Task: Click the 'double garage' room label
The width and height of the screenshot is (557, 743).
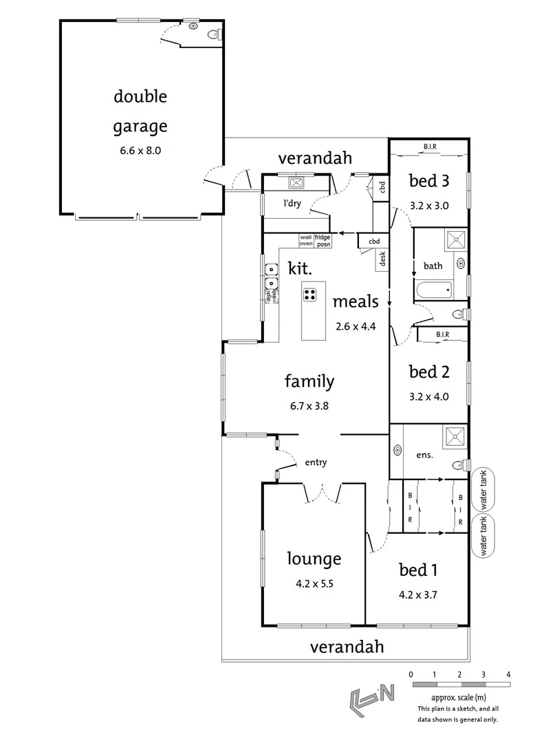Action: point(140,111)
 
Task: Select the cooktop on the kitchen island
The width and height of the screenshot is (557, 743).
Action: point(310,294)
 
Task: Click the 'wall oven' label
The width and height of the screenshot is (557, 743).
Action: point(305,240)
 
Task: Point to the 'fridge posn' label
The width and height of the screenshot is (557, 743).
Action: point(323,240)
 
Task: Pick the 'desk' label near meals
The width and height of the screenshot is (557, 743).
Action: point(382,258)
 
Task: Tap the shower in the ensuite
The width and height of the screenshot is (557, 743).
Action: point(454,435)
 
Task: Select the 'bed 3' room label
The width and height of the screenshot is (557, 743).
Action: point(429,182)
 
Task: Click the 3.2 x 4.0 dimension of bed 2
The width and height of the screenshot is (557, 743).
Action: point(429,396)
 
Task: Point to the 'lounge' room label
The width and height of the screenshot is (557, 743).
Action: point(314,559)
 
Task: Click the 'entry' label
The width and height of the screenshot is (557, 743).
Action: point(316,463)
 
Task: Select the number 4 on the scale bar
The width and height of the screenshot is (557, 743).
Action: point(508,674)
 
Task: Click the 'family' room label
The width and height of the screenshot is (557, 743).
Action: point(309,381)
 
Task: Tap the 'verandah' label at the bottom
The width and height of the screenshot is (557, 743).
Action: point(346,647)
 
